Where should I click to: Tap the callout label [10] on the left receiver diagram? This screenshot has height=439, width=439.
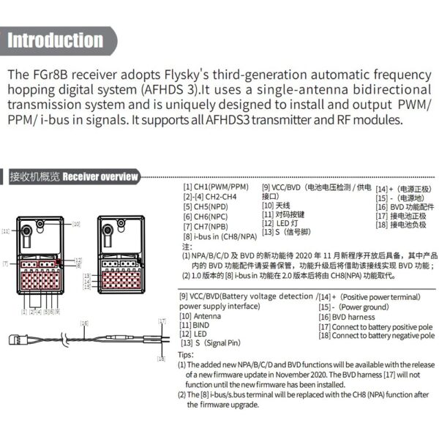(76, 222)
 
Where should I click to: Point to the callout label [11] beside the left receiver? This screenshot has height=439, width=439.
(6, 230)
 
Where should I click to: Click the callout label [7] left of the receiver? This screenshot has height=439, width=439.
(5, 263)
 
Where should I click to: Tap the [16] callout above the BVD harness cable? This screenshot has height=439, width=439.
(84, 322)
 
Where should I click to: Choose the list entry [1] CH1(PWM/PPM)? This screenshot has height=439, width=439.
(216, 187)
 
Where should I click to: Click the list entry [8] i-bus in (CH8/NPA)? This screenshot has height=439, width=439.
(219, 236)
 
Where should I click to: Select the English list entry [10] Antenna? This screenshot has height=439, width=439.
(206, 318)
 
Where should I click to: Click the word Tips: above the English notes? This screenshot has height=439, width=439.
(186, 353)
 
